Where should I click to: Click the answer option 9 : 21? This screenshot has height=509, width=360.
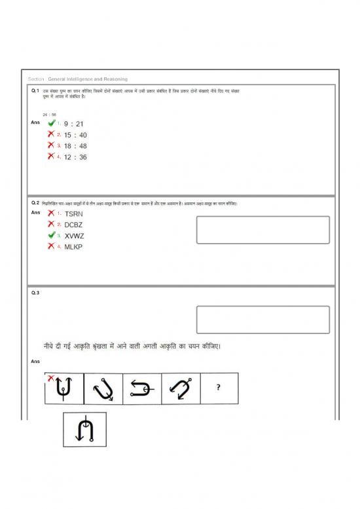73,124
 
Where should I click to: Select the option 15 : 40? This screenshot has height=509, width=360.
75,135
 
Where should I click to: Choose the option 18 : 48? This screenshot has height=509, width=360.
75,146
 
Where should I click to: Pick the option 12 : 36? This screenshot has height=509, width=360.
75,157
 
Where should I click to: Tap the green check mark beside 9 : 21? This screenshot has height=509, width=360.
51,123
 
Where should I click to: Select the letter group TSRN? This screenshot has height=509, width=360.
74,214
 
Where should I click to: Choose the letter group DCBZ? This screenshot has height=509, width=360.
74,225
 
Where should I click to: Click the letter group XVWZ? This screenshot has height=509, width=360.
74,236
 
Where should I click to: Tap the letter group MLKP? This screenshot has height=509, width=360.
73,247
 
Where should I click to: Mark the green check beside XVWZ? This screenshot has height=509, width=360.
51,235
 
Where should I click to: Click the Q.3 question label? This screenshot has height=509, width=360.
35,293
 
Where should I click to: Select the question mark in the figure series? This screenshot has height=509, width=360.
219,388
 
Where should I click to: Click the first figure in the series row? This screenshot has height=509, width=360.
63,388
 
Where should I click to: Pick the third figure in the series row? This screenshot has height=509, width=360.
141,388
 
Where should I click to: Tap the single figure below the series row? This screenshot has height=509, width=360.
85,429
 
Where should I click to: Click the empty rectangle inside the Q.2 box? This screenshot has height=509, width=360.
262,230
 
